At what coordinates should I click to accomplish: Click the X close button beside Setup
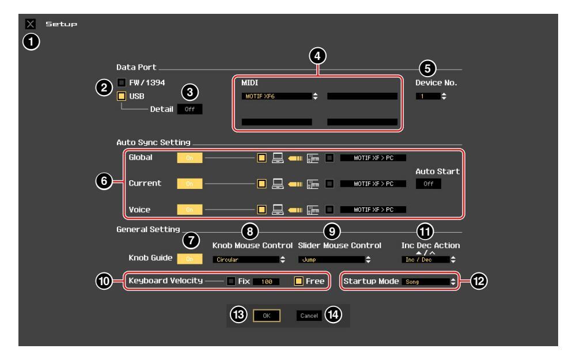(x=29, y=24)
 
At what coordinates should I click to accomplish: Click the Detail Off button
(x=190, y=108)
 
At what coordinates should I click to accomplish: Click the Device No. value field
(x=430, y=96)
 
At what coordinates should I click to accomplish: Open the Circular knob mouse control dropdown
(x=249, y=260)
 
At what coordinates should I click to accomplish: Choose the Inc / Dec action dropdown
(x=427, y=260)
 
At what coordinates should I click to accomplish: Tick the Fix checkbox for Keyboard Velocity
(x=231, y=281)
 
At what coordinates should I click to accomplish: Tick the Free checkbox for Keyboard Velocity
(x=298, y=281)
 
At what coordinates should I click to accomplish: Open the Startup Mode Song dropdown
(x=422, y=282)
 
